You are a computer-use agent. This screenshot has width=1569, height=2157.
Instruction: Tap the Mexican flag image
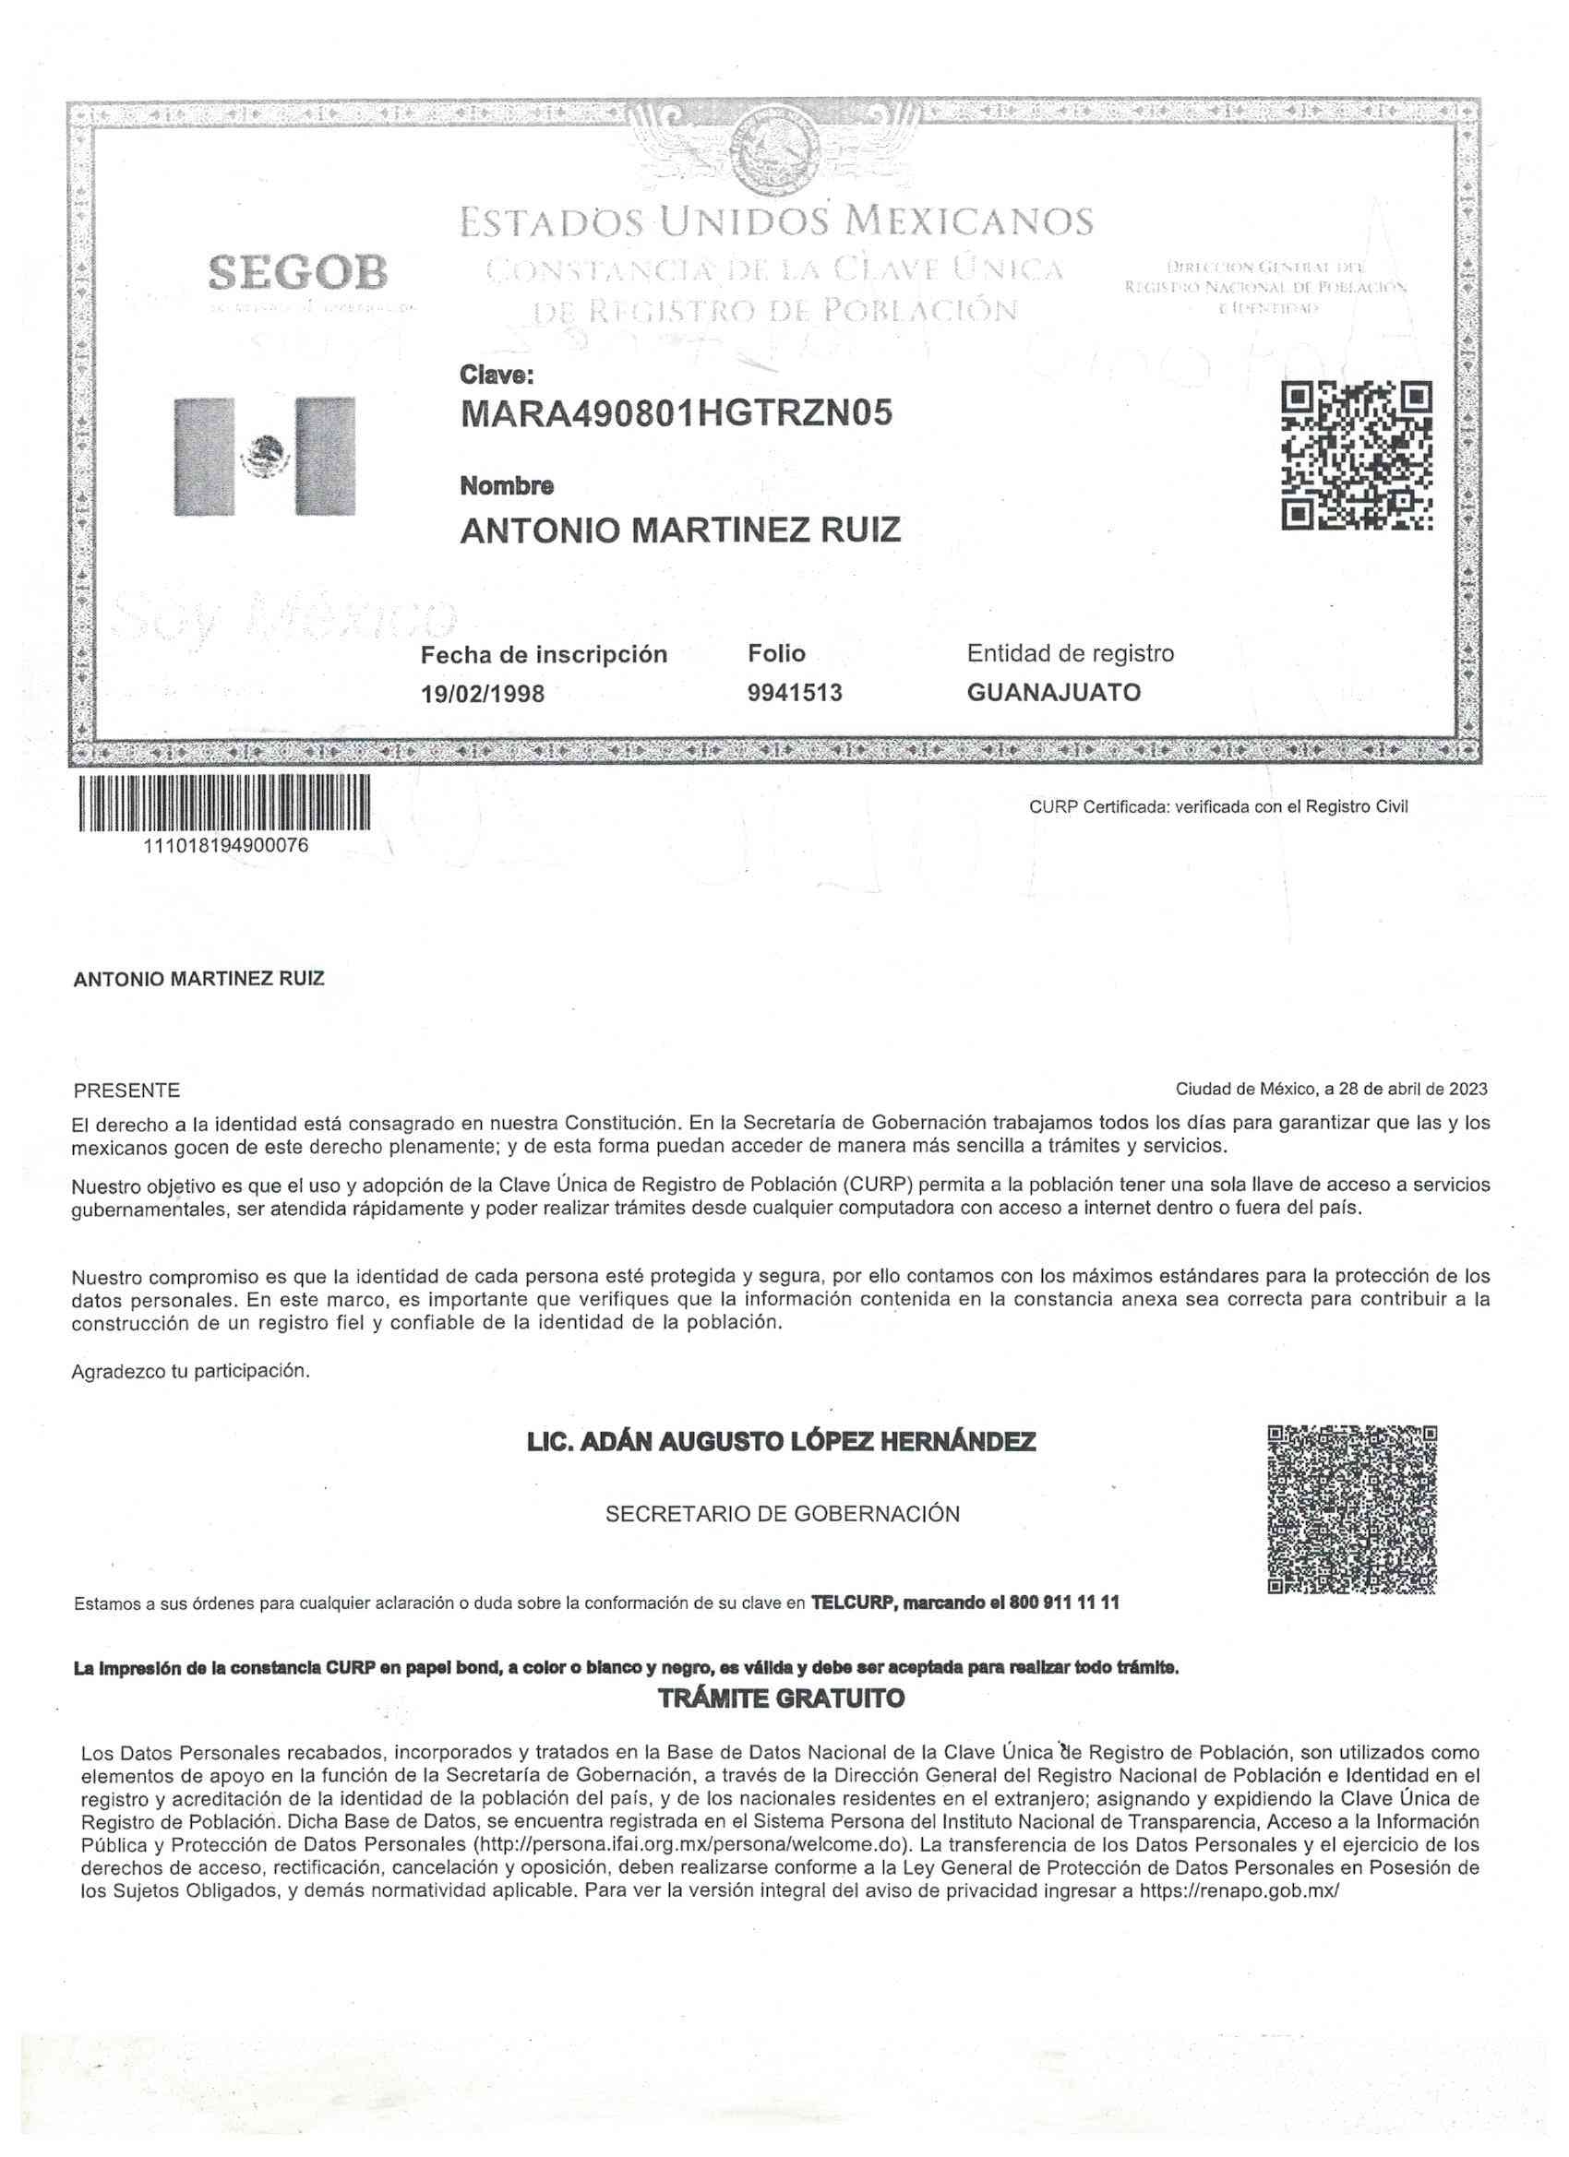(265, 456)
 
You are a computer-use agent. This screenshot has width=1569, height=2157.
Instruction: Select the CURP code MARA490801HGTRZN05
(677, 413)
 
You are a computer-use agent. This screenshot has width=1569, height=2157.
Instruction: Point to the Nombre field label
(506, 486)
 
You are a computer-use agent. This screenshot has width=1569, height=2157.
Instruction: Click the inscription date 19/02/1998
(483, 694)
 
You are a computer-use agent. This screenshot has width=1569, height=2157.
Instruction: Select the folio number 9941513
(796, 692)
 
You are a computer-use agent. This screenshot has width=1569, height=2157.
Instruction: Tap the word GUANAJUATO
(1053, 692)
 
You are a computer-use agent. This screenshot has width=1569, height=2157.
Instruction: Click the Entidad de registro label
(1071, 653)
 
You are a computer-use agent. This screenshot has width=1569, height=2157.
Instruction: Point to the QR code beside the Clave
(1357, 456)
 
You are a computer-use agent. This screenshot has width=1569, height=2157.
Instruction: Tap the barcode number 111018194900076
(225, 845)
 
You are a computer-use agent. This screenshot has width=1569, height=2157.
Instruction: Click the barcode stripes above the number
(224, 804)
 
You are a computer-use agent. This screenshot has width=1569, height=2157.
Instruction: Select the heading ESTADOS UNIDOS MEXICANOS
(776, 221)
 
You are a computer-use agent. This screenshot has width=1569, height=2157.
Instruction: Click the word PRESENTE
(126, 1090)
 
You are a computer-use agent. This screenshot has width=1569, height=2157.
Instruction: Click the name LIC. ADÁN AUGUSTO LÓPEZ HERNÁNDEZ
(781, 1443)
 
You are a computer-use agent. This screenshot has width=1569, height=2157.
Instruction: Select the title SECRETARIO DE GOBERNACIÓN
(782, 1514)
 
